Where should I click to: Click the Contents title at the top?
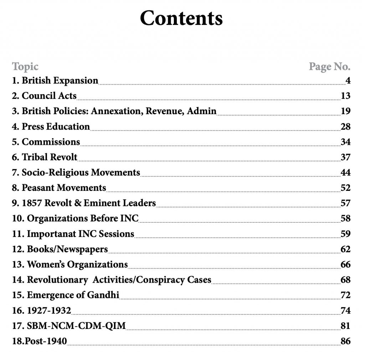(x=181, y=19)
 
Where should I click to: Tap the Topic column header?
(x=25, y=66)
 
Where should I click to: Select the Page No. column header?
(x=329, y=66)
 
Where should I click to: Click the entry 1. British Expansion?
(x=55, y=81)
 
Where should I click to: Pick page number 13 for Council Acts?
(x=345, y=96)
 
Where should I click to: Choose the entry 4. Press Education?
(x=51, y=127)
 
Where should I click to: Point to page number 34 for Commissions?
(x=345, y=142)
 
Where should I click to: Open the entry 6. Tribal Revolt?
(x=45, y=157)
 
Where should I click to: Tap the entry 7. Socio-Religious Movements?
(x=76, y=173)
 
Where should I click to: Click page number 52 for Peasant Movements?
(x=345, y=188)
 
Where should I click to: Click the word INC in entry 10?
(x=129, y=218)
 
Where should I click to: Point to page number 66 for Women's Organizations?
(x=345, y=265)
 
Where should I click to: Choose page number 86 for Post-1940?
(x=345, y=341)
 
